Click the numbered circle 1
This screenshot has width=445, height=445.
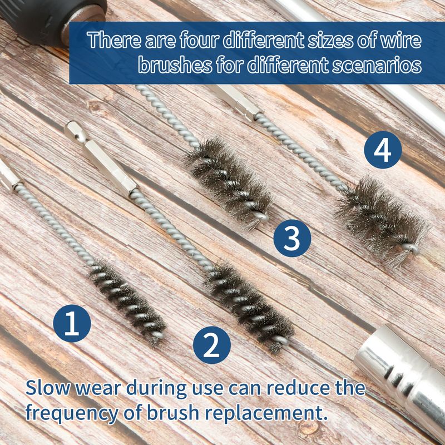pos(72,323)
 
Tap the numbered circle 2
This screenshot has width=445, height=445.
pos(212,345)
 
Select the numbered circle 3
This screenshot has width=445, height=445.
pos(293,239)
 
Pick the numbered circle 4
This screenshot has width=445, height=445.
pos(383,150)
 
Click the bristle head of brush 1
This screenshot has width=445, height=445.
pos(126,301)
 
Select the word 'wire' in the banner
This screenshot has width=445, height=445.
pos(401,40)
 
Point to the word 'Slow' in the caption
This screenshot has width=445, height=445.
pos(48,388)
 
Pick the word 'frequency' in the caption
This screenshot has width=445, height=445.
pos(72,413)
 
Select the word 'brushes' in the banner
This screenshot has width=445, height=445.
pos(175,65)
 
